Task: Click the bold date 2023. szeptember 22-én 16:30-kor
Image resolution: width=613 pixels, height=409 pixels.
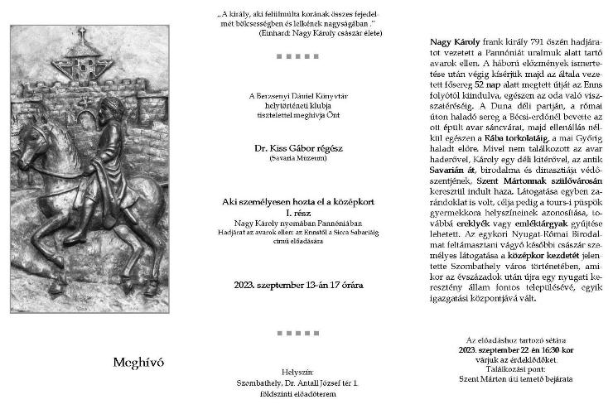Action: coord(519,349)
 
